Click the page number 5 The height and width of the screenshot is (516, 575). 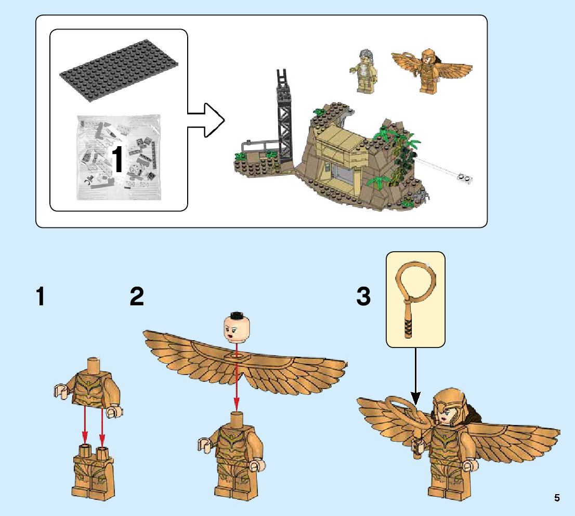[x=557, y=498]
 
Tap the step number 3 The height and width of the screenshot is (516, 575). [x=363, y=296]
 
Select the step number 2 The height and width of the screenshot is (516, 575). [x=137, y=296]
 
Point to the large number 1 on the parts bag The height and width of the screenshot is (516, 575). [x=117, y=159]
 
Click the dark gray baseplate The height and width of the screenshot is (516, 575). [x=119, y=70]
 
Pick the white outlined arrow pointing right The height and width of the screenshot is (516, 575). [x=206, y=120]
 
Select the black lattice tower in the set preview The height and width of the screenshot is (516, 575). [x=284, y=118]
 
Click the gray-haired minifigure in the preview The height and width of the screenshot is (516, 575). [x=363, y=72]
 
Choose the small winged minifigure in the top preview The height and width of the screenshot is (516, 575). [x=432, y=70]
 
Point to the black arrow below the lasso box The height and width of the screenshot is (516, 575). [x=415, y=376]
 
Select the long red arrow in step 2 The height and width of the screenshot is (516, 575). [x=237, y=377]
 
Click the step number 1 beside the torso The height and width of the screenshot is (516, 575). [x=41, y=296]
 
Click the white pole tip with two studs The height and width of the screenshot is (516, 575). [x=464, y=178]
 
